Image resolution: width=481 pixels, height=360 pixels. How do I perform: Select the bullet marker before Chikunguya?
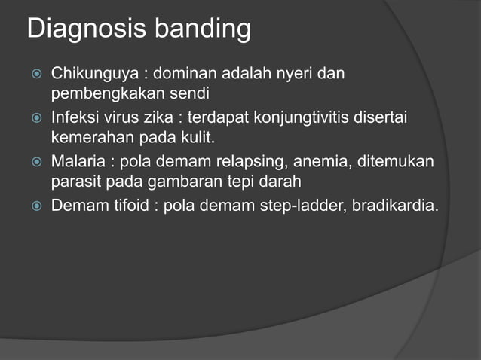[x=35, y=75]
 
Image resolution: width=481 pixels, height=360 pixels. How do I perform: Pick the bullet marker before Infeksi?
[x=35, y=119]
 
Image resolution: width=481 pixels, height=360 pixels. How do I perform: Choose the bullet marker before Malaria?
[x=35, y=162]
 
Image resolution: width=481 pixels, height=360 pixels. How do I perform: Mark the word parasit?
[x=73, y=182]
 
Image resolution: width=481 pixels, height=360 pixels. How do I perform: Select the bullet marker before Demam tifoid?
[x=35, y=205]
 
